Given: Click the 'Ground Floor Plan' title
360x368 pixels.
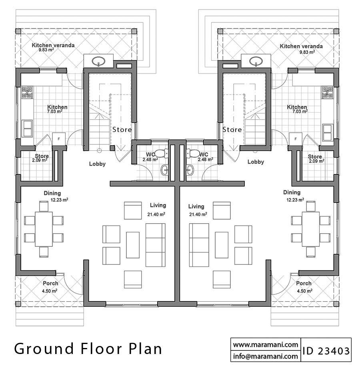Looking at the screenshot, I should point(88,348).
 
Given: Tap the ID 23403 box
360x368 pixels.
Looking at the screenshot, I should point(326,351).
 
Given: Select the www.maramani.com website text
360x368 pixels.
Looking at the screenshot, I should point(265,344).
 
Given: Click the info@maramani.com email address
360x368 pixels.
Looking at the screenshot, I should point(265,356).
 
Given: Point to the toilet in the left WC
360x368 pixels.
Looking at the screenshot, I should point(161,153).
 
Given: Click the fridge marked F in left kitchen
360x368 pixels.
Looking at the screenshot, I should point(59,139).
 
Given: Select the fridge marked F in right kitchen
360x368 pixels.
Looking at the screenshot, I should point(296,139).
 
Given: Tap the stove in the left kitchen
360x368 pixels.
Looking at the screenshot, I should point(27,93).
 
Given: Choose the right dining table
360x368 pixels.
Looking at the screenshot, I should point(311,229).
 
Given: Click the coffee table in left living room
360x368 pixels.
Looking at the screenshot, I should point(133,245).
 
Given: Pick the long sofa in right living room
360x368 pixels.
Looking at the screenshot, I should point(199,245).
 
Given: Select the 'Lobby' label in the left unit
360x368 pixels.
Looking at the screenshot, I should point(97,164).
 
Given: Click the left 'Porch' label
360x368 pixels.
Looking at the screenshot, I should point(50,284).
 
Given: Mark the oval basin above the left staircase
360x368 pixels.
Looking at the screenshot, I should point(99,62).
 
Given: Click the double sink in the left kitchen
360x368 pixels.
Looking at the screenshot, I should point(28,128).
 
